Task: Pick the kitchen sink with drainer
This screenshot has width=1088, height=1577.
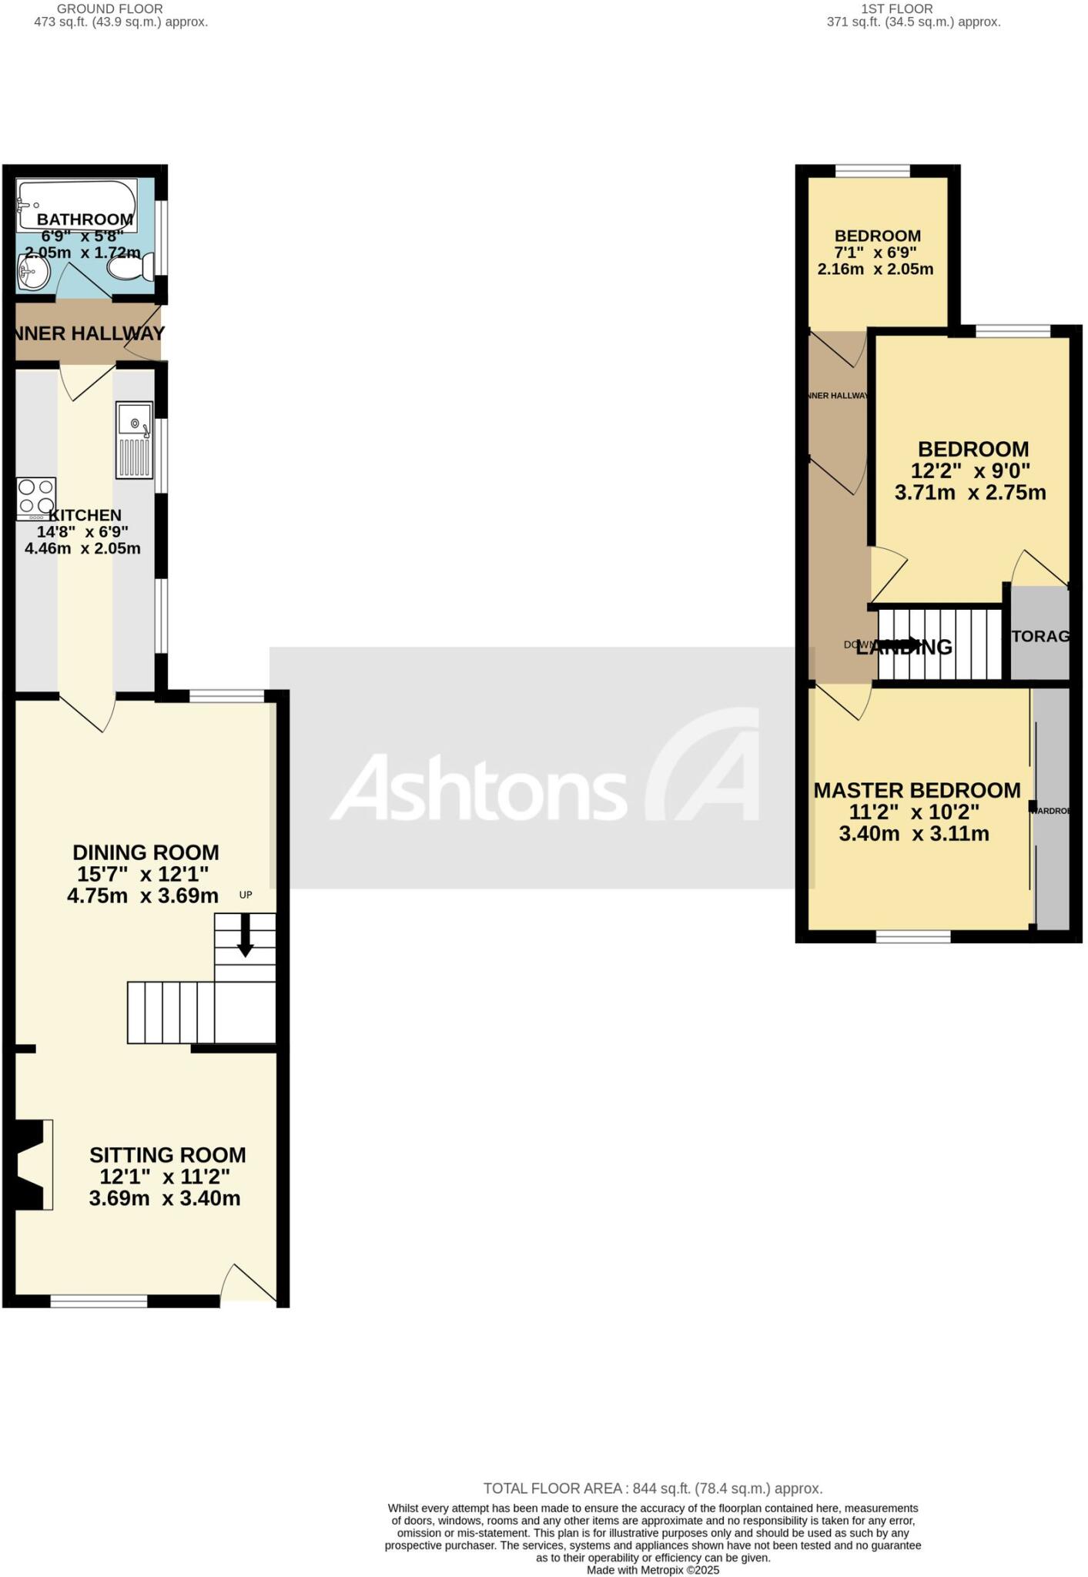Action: pyautogui.click(x=135, y=439)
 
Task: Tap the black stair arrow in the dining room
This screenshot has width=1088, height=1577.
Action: pyautogui.click(x=245, y=934)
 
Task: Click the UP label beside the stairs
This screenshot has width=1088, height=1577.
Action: pyautogui.click(x=246, y=895)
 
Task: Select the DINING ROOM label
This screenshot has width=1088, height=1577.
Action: pyautogui.click(x=146, y=852)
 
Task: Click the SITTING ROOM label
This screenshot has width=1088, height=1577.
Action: pyautogui.click(x=167, y=1155)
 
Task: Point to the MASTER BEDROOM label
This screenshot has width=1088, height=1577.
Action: pyautogui.click(x=917, y=791)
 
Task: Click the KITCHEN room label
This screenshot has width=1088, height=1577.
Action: pyautogui.click(x=85, y=515)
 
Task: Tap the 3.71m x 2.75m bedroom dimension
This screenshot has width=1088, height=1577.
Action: pyautogui.click(x=970, y=492)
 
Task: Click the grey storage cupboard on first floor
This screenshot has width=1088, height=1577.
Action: pyautogui.click(x=1039, y=633)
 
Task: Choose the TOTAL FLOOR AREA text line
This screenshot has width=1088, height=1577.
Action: pyautogui.click(x=652, y=1488)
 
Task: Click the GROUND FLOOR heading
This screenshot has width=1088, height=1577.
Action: pyautogui.click(x=121, y=8)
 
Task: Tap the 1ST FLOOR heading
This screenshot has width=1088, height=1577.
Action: pyautogui.click(x=896, y=8)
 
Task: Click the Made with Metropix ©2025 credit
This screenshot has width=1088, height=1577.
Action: pyautogui.click(x=652, y=1569)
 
